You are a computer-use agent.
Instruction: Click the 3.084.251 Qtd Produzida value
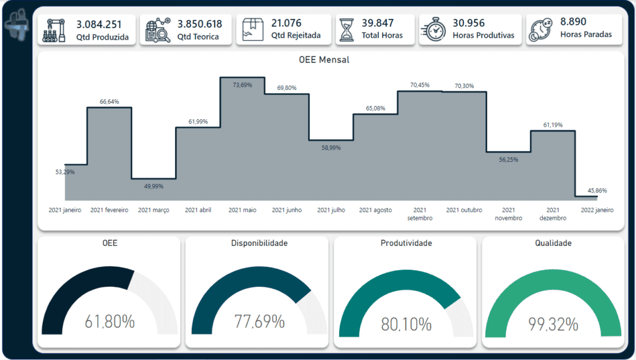click(x=99, y=24)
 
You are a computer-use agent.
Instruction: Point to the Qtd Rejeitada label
click(x=296, y=36)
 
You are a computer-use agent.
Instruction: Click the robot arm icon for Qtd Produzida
click(x=55, y=30)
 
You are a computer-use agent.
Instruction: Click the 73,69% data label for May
click(x=242, y=84)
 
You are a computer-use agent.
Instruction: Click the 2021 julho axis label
click(x=331, y=210)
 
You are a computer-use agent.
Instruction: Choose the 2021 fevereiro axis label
click(x=109, y=210)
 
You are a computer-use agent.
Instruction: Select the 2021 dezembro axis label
click(x=553, y=214)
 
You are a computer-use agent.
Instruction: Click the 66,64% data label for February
click(x=109, y=101)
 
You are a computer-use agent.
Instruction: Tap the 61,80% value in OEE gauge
click(x=110, y=322)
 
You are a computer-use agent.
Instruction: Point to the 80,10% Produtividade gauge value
click(x=406, y=323)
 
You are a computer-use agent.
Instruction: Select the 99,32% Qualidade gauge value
click(x=553, y=323)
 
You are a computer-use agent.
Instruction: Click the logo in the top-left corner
click(x=16, y=25)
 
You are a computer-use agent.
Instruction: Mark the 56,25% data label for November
click(x=508, y=160)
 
